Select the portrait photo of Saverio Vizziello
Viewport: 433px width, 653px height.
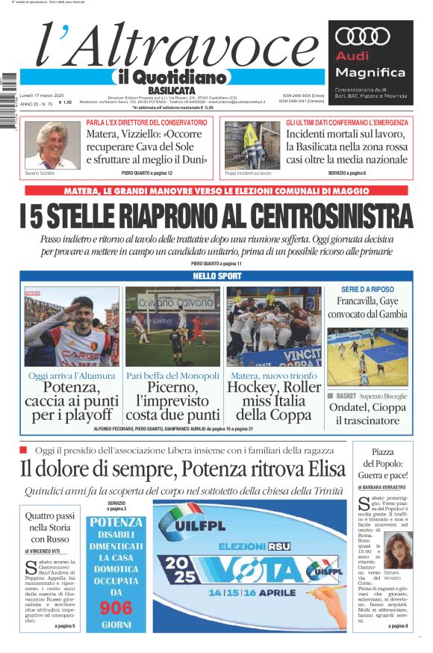tap(52, 145)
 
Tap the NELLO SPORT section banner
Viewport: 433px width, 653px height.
tap(215, 276)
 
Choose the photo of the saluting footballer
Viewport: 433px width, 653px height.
tap(72, 326)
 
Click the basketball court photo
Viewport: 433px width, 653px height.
tap(367, 356)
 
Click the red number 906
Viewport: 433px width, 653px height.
tap(116, 608)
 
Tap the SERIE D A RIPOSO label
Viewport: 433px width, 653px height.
tap(367, 289)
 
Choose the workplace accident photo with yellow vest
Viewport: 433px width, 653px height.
tap(252, 145)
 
